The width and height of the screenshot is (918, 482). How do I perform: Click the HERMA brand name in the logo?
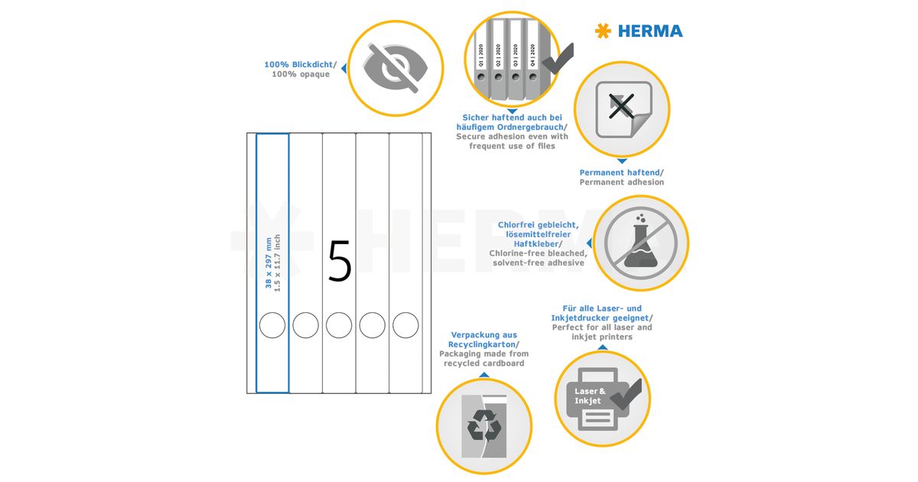(x=650, y=31)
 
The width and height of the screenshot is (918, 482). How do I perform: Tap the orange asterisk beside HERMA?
(x=604, y=31)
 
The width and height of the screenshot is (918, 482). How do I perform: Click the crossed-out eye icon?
(x=395, y=68)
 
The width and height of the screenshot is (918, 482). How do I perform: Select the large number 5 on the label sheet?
(x=340, y=261)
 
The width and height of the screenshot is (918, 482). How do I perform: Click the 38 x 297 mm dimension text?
(x=269, y=262)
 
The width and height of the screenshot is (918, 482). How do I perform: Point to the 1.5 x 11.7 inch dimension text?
(x=278, y=262)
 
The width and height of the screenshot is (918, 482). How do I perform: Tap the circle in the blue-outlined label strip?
(x=272, y=325)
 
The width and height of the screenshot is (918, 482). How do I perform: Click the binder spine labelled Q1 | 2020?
(x=481, y=58)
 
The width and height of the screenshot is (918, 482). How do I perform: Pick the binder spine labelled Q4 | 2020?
(x=532, y=58)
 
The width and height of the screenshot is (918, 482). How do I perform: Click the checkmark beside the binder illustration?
(x=558, y=60)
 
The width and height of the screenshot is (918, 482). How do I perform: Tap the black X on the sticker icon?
(x=621, y=106)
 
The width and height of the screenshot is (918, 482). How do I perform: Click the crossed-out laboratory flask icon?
(x=640, y=243)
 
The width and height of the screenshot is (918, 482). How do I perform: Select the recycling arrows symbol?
(x=484, y=425)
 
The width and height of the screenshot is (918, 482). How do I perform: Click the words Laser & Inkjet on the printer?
(x=590, y=396)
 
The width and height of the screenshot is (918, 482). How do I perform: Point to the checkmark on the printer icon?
(x=627, y=395)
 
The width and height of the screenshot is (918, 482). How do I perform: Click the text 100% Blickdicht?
(x=298, y=64)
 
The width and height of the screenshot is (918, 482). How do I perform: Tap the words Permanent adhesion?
(x=621, y=182)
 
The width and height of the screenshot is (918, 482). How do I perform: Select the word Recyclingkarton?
(x=481, y=344)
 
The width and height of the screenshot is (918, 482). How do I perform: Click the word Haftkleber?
(x=536, y=244)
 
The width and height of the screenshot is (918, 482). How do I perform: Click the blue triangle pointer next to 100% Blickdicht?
(x=344, y=68)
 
